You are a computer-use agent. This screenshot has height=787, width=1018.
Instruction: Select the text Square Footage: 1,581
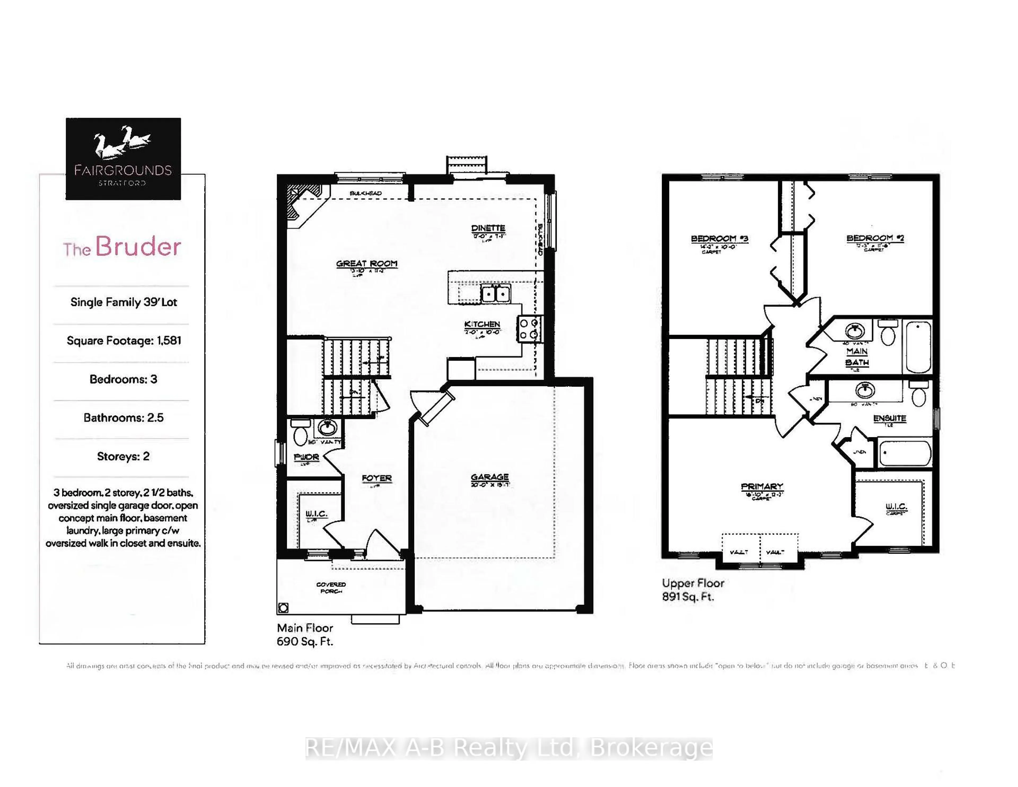[124, 340]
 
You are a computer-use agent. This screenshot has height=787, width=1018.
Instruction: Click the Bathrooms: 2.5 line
[124, 417]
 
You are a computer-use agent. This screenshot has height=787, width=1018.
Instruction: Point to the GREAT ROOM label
[367, 264]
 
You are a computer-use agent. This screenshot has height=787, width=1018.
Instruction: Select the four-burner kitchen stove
[529, 329]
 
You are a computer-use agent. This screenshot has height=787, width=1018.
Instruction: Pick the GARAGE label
[489, 477]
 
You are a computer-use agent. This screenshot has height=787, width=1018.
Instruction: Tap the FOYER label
[377, 478]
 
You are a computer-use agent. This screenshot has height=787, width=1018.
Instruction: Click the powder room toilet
[300, 434]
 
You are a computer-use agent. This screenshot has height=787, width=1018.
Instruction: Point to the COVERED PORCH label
[331, 587]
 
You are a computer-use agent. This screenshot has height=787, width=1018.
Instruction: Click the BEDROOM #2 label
[875, 238]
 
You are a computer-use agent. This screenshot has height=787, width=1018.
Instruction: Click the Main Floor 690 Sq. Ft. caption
[305, 635]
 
